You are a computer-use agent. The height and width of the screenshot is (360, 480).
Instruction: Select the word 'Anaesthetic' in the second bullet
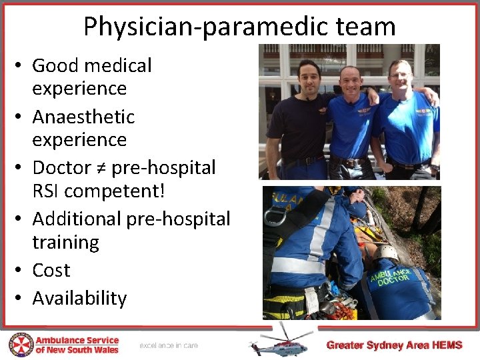83,117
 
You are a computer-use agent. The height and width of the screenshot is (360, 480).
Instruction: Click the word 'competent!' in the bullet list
114,191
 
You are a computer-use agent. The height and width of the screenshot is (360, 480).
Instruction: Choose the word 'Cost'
51,270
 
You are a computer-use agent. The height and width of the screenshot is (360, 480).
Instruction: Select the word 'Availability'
79,298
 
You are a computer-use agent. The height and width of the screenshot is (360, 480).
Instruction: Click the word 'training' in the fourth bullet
65,242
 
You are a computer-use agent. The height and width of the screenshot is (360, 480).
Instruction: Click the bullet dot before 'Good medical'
21,66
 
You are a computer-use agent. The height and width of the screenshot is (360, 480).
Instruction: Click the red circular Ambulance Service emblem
20,345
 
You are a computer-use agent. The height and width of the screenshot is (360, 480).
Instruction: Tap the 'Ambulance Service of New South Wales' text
77,345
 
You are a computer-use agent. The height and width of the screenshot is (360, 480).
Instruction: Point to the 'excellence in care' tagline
169,345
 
